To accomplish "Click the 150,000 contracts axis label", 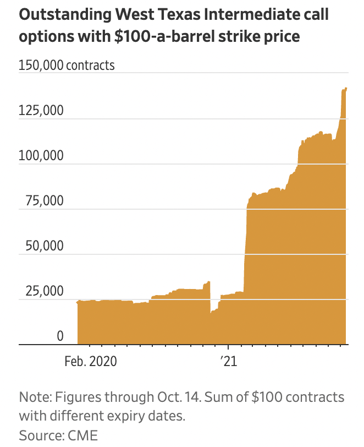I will [67, 65].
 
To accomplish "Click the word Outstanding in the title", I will [60, 14].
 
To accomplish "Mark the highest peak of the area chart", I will [346, 88].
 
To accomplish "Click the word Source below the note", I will [39, 435].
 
